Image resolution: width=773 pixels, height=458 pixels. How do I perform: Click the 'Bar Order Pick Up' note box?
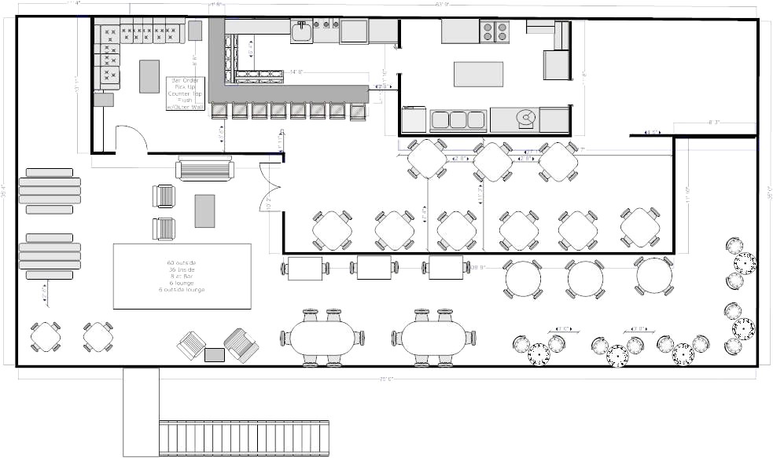pyautogui.click(x=186, y=93)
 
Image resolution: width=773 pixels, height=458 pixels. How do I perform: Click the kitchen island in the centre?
pyautogui.click(x=478, y=74)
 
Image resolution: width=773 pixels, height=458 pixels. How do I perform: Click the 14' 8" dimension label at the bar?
pyautogui.click(x=296, y=71)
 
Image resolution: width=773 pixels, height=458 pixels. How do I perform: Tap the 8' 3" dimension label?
pyautogui.click(x=714, y=123)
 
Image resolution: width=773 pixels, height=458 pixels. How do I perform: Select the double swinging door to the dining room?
pyautogui.click(x=271, y=188)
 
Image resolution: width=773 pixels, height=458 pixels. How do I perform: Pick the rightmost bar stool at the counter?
pyautogui.click(x=358, y=110)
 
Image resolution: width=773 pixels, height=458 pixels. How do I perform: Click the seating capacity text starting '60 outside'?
pyautogui.click(x=182, y=276)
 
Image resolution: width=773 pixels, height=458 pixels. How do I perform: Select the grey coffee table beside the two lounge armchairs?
pyautogui.click(x=204, y=211)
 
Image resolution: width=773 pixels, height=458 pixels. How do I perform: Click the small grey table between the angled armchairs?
pyautogui.click(x=215, y=354)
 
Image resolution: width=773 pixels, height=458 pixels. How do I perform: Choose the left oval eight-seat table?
pyautogui.click(x=322, y=338)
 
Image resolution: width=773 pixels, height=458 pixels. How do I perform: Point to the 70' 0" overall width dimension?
pyautogui.click(x=385, y=379)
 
